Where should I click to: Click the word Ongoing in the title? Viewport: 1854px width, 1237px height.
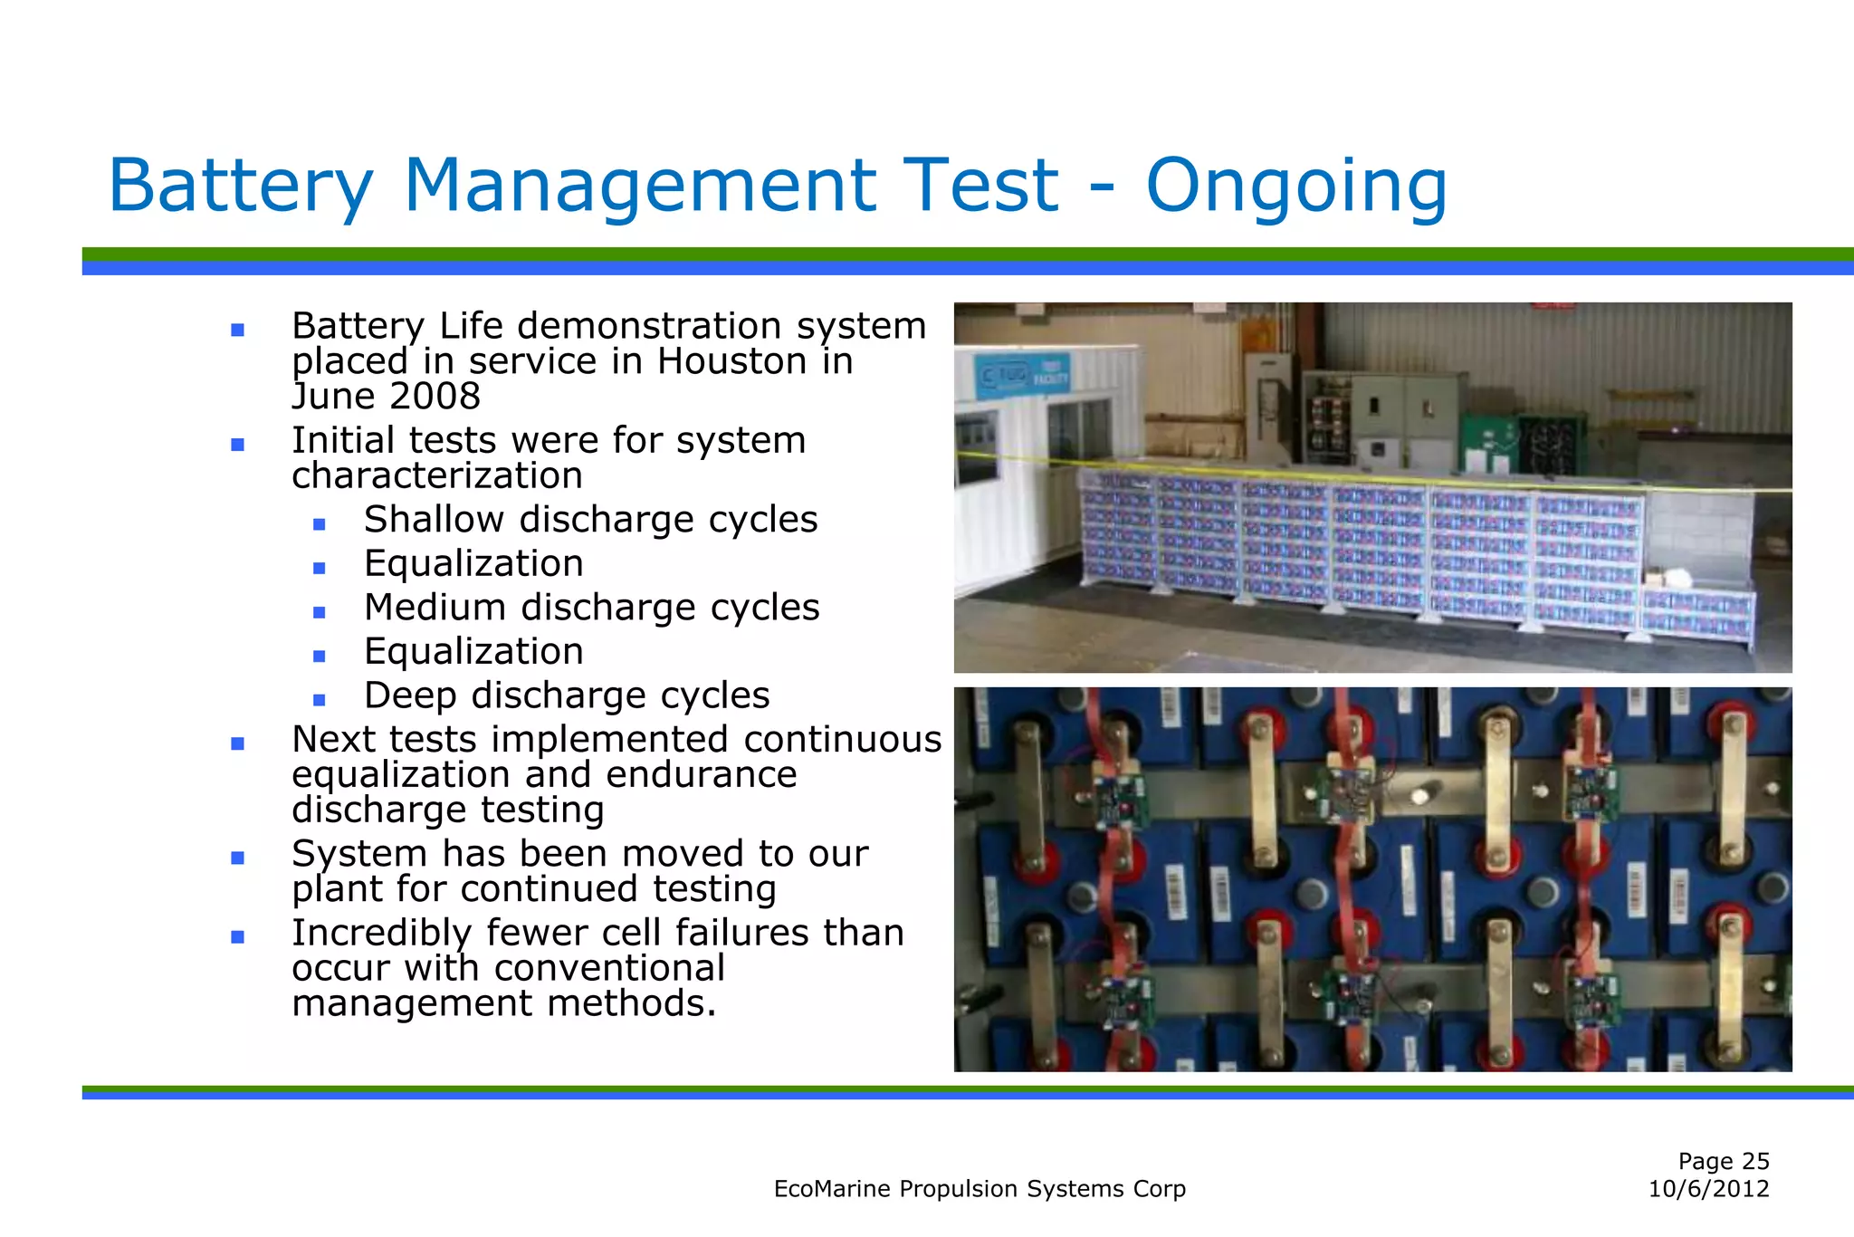pos(1295,187)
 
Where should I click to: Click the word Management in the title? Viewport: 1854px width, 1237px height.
pos(639,187)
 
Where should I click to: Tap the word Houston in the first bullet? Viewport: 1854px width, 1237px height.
pos(732,361)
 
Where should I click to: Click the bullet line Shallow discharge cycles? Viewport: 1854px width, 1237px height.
pos(590,520)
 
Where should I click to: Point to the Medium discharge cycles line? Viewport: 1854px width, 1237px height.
pos(591,608)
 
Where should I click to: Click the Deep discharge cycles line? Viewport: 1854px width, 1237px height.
pos(567,695)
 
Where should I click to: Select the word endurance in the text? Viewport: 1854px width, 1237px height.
pos(701,775)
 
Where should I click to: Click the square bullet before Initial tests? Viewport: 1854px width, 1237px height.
pos(237,445)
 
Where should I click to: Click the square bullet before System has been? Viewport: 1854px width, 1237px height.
pos(237,858)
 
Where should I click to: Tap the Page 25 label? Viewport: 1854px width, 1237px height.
pos(1723,1161)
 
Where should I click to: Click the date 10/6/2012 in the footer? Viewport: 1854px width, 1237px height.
pos(1708,1189)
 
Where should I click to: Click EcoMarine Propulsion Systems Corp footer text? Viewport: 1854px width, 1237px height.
pos(980,1189)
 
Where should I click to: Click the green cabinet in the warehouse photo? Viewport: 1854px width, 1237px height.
pos(1488,443)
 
